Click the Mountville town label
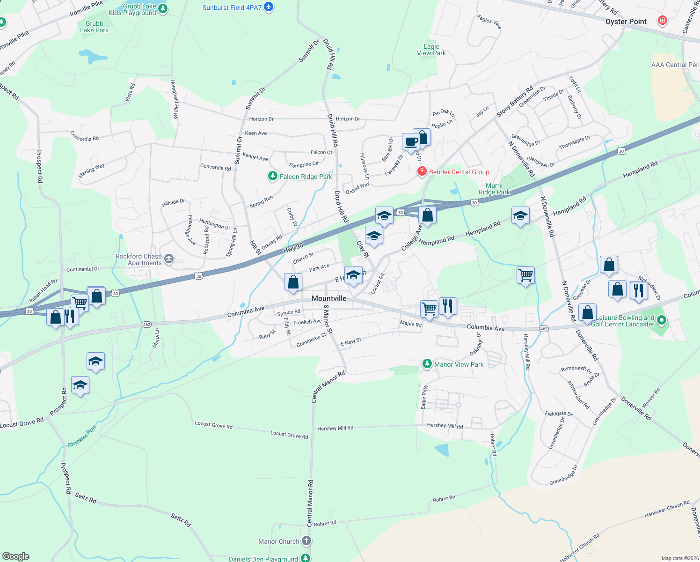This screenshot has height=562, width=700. (329, 298)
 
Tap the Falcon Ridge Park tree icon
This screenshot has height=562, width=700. (272, 176)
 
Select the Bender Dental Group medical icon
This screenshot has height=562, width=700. (422, 171)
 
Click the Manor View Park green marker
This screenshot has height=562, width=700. (427, 364)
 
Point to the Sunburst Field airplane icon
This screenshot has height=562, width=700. (268, 7)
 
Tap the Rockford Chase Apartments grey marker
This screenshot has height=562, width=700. (169, 259)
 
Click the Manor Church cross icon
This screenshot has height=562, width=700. (306, 541)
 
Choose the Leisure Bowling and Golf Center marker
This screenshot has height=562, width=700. (661, 321)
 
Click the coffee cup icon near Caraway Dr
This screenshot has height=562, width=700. (411, 142)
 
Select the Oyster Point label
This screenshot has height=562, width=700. (626, 22)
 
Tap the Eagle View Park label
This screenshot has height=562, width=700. (431, 50)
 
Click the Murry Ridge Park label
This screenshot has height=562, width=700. (494, 189)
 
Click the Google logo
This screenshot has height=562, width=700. (15, 556)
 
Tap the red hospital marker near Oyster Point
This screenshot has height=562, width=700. (662, 21)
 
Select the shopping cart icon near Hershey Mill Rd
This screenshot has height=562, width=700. (525, 275)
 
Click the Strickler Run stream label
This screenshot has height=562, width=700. (82, 436)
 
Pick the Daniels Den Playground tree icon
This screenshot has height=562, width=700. (305, 558)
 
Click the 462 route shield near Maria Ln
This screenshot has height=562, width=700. (147, 325)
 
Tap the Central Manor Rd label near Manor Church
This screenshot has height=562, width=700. (310, 503)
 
